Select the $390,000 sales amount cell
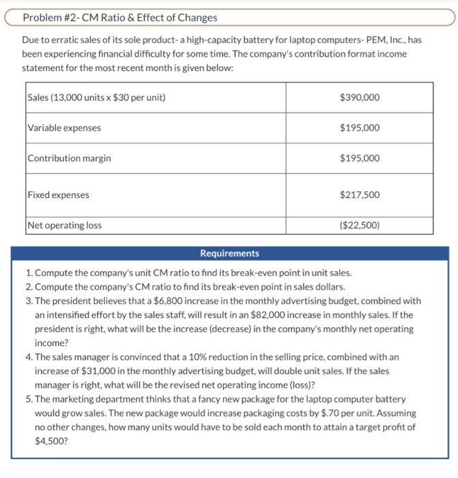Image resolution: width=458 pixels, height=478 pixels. click(359, 98)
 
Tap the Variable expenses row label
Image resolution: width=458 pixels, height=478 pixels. click(64, 128)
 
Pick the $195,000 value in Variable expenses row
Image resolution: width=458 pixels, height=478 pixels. click(359, 128)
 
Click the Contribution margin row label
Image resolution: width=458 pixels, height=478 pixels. click(69, 158)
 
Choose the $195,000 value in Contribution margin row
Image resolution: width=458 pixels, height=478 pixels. click(359, 158)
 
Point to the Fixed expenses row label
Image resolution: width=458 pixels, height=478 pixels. click(59, 195)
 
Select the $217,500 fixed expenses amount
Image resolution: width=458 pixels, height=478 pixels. click(359, 195)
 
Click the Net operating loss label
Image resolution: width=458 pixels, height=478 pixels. click(65, 225)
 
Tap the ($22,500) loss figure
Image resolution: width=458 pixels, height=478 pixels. click(359, 225)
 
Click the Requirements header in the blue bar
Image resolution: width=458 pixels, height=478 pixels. click(229, 253)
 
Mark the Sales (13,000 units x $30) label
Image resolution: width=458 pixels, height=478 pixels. click(96, 98)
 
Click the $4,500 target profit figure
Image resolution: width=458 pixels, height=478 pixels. click(48, 441)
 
